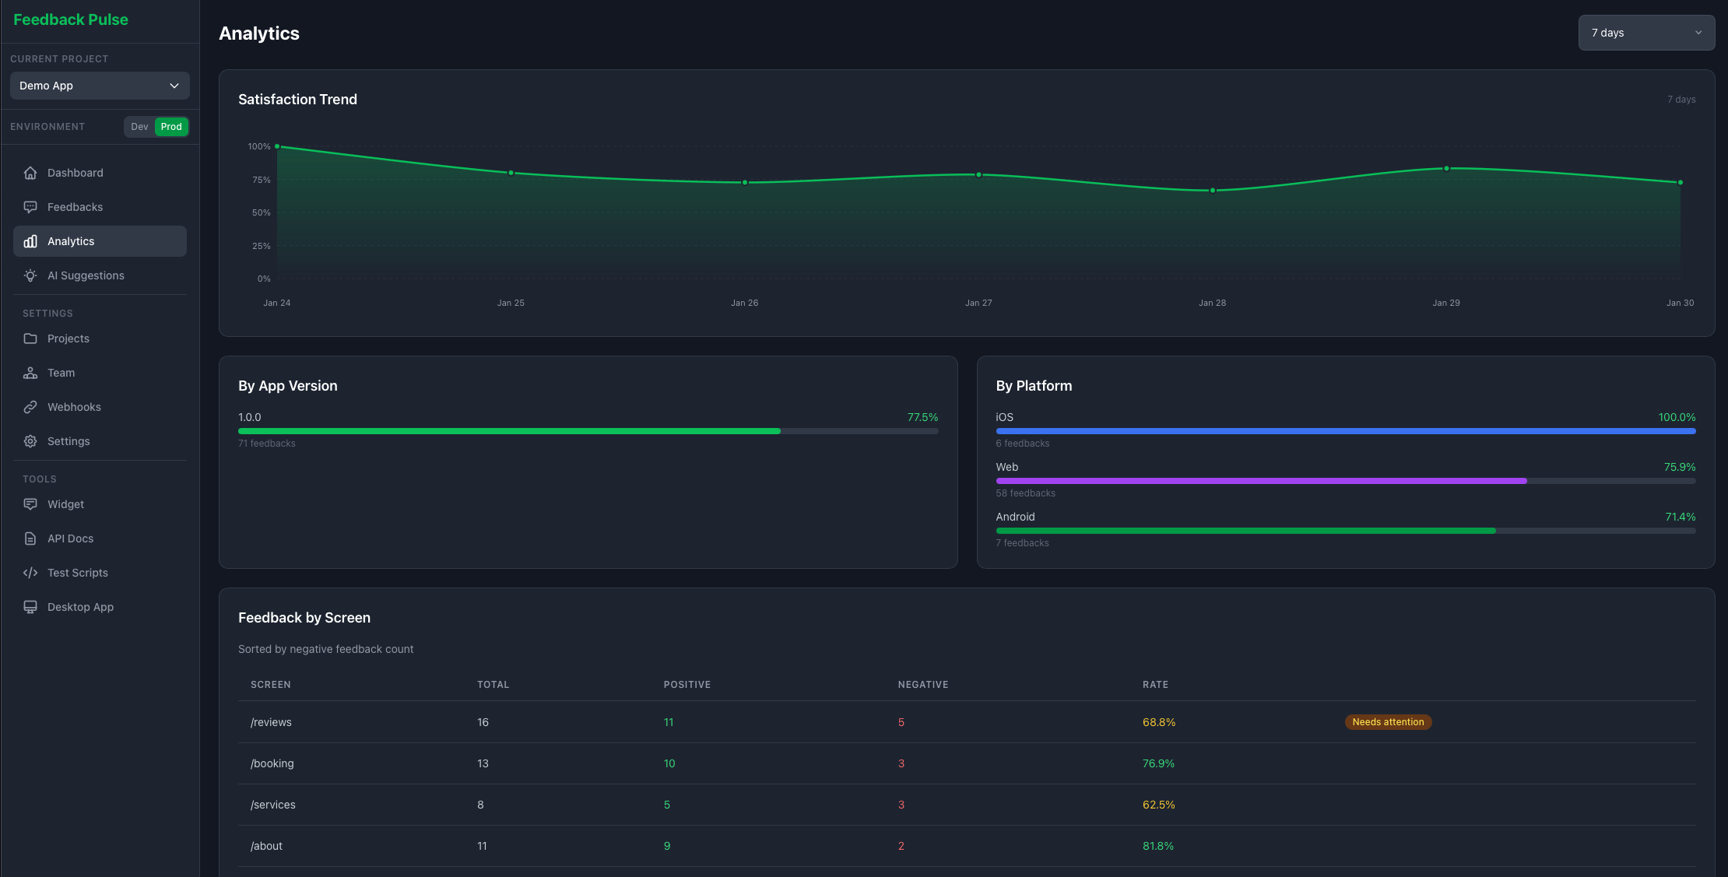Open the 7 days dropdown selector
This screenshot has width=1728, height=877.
1645,33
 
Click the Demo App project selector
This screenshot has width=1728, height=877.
100,86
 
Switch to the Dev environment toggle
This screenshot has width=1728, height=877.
139,127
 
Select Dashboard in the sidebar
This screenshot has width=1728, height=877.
75,173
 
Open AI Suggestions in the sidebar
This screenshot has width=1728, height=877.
86,275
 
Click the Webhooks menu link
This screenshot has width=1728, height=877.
74,407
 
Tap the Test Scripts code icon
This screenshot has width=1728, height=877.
30,573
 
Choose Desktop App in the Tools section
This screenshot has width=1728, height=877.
80,607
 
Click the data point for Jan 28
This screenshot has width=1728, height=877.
1213,191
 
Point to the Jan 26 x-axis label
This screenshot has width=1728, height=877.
744,303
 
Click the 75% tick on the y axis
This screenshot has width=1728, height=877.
261,180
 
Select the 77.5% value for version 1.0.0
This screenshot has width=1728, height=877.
922,417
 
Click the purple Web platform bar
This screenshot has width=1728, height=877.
1261,481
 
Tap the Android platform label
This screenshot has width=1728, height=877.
1015,517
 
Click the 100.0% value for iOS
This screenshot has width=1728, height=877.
1677,417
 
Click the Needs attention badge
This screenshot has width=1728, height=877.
1388,722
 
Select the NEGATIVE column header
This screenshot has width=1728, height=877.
923,685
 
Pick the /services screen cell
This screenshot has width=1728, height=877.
273,805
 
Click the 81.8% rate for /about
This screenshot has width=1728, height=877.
1157,846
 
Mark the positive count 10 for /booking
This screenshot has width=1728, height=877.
669,763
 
